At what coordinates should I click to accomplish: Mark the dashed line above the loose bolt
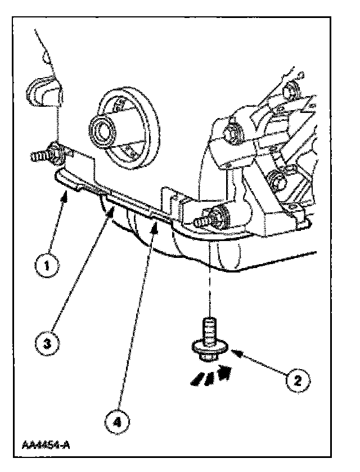210,281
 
